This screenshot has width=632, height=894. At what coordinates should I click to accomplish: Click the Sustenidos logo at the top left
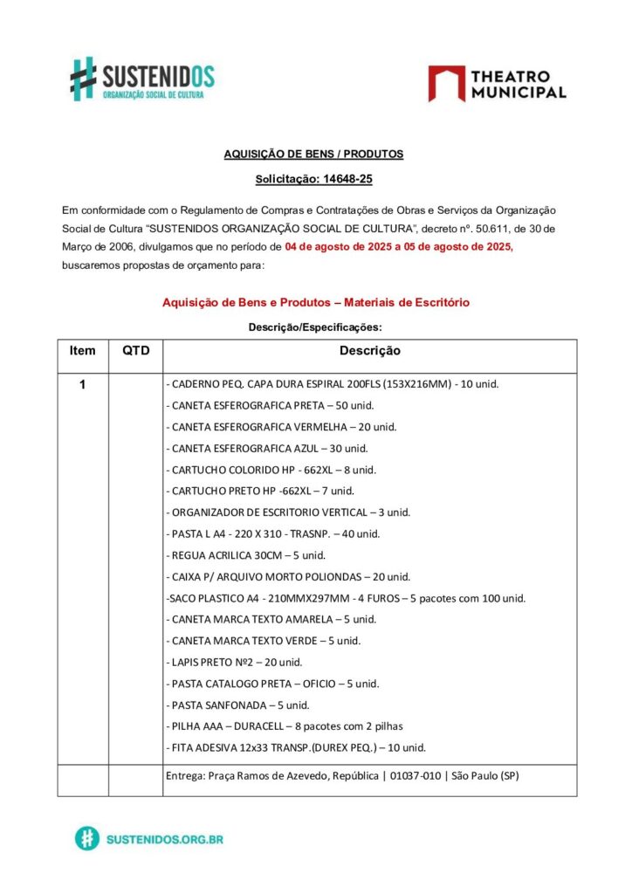142,79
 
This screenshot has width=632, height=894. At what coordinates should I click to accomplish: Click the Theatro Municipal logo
497,83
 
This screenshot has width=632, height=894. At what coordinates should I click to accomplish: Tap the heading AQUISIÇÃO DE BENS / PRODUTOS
313,154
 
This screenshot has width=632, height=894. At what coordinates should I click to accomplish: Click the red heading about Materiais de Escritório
315,302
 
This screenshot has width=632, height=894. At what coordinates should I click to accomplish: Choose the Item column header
82,351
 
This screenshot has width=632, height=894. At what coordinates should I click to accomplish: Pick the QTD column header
135,351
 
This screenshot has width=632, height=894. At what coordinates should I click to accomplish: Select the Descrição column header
369,351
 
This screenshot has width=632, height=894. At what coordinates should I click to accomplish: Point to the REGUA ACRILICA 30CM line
245,555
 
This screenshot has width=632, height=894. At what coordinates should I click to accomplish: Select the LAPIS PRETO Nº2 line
234,662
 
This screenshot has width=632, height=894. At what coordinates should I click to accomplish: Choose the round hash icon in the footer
86,839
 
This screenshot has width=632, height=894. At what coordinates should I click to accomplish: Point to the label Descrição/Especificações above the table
315,327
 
